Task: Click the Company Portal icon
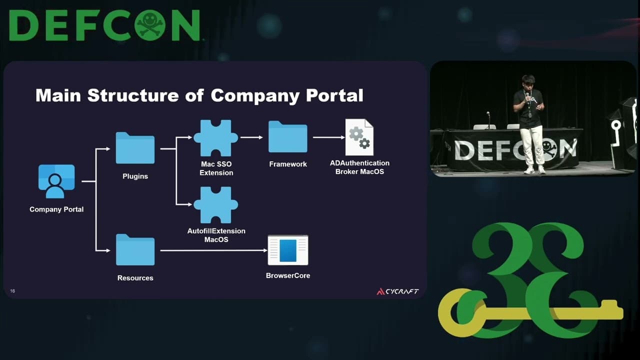56,181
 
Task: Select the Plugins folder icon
135,148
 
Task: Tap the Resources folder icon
135,250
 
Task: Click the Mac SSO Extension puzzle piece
216,138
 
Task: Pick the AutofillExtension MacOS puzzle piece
216,205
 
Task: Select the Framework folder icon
287,136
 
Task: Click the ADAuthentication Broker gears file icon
359,137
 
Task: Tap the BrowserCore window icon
288,250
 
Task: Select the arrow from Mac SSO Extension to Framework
251,137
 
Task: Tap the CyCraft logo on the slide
397,291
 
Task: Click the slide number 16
12,291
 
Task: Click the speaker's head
528,81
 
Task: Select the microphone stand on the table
488,120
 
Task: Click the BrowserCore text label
288,275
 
